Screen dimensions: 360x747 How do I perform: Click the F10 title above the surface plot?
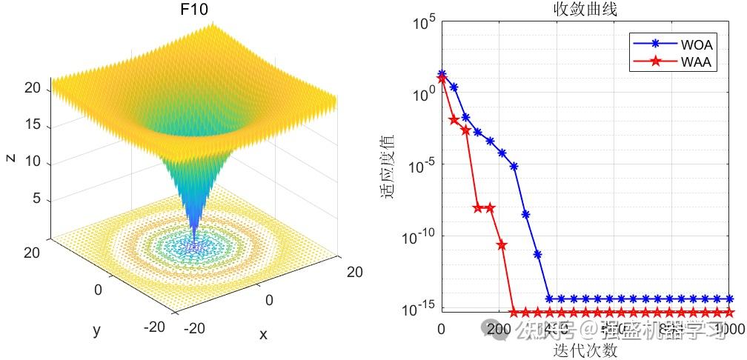(x=194, y=11)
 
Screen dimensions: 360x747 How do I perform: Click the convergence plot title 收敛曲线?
(x=585, y=10)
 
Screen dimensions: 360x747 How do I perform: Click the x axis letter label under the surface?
(x=262, y=334)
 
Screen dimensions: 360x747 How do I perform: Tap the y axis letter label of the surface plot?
(x=96, y=330)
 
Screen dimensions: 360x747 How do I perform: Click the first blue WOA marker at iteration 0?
(x=442, y=74)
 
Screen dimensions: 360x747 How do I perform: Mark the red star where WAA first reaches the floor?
(x=514, y=313)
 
